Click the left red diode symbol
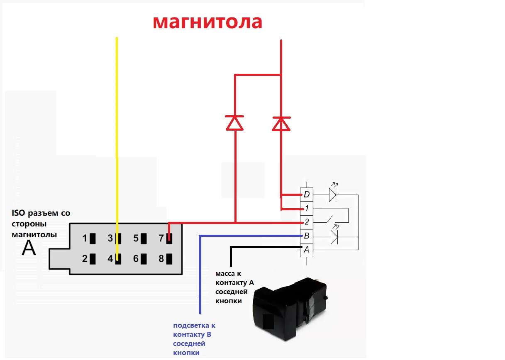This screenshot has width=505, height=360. tap(235, 123)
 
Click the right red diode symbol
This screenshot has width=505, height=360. tap(281, 123)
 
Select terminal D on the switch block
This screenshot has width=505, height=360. tap(306, 194)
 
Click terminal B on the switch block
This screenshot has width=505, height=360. tap(306, 236)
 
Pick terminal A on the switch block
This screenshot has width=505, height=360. tap(306, 250)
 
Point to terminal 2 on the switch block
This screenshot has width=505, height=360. tap(306, 222)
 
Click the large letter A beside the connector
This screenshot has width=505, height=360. tap(29, 248)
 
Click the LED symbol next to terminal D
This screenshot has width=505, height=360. tap(332, 194)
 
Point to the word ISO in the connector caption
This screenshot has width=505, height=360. tap(19, 214)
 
